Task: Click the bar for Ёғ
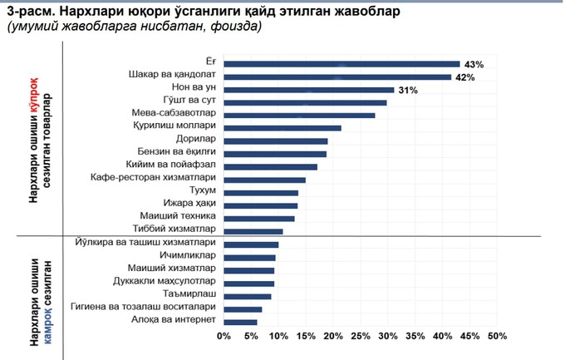[x=341, y=63]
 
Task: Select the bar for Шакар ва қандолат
[x=337, y=76]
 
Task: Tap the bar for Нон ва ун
[x=308, y=90]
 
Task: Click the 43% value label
[x=474, y=64]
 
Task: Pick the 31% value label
[x=407, y=90]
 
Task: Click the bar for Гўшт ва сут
[x=305, y=103]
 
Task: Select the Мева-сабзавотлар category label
[x=174, y=114]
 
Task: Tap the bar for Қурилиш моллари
[x=282, y=128]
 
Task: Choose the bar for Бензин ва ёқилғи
[x=275, y=154]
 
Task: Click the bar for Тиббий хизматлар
[x=253, y=231]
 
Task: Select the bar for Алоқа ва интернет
[x=240, y=322]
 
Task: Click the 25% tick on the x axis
[x=360, y=337]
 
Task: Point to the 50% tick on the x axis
[x=496, y=337]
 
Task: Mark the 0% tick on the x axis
[x=223, y=337]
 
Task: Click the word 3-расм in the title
[x=27, y=12]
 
